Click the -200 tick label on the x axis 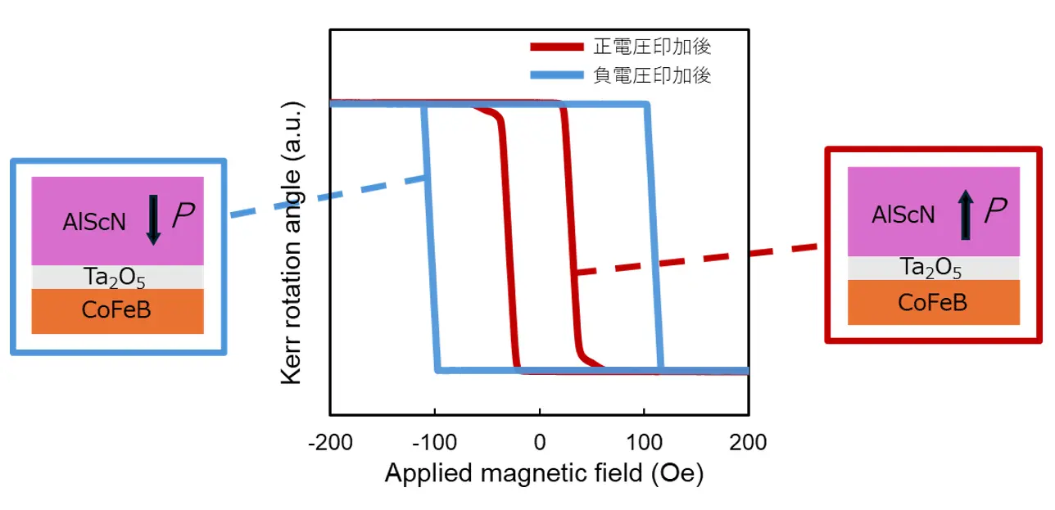[330, 443]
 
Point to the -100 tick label [435, 443]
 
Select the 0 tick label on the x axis [539, 443]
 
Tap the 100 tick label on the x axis [644, 443]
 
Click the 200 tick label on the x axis [747, 443]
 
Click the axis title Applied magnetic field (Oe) [544, 473]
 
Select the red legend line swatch [557, 47]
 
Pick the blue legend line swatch [557, 76]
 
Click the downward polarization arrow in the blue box [154, 219]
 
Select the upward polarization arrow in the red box [967, 214]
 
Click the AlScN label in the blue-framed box [94, 221]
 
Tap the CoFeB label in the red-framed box [932, 302]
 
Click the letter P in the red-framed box [995, 213]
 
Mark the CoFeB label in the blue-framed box [116, 310]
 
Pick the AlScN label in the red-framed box [903, 214]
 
